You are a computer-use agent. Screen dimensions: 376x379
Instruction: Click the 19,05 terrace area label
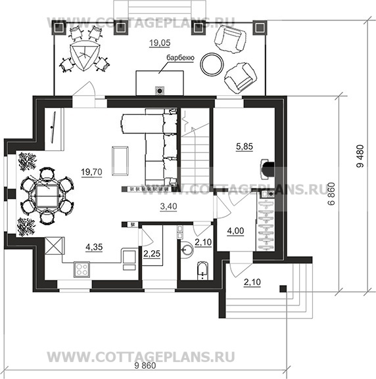tap(160, 43)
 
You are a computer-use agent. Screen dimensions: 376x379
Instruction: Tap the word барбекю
tap(180, 58)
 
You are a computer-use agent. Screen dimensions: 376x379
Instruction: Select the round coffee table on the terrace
tap(212, 64)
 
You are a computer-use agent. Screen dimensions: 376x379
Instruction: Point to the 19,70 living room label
tap(91, 172)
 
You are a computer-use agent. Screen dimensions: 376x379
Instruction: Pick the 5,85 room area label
tap(245, 146)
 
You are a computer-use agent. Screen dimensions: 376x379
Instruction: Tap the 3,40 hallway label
tap(168, 206)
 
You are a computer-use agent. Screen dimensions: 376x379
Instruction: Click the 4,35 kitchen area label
tap(94, 247)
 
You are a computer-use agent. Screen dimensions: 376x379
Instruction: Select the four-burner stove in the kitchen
tap(82, 269)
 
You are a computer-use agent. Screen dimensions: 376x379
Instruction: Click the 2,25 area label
tap(152, 254)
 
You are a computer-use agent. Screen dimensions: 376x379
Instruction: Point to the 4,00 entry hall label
tap(235, 231)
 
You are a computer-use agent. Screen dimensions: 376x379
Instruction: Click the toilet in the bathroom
tap(202, 271)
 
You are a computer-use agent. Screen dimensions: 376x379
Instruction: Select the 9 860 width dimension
tap(145, 366)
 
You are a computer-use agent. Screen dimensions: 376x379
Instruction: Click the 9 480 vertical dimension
tap(360, 156)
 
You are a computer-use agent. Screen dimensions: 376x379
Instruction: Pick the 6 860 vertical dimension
tap(331, 194)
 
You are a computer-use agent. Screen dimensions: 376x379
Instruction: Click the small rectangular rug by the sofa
tap(120, 161)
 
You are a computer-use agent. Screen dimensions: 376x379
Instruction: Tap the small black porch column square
tap(283, 288)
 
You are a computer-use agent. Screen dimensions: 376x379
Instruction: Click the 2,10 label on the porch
tap(252, 282)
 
